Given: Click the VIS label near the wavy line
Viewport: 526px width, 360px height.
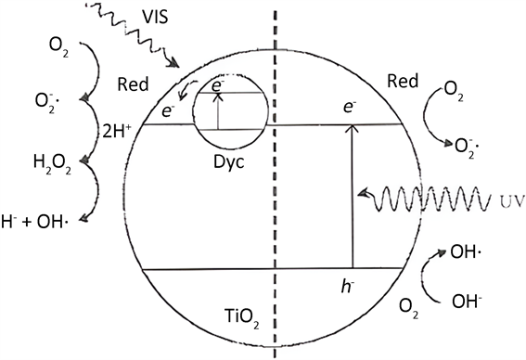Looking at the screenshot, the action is (x=155, y=17).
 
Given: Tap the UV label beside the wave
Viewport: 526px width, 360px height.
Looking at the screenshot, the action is (x=511, y=201).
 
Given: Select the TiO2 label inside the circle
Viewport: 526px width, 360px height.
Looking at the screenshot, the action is (x=241, y=317).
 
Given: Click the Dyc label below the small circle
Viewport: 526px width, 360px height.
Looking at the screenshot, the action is (x=229, y=162).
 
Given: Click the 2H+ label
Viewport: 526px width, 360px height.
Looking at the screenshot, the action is (x=116, y=132).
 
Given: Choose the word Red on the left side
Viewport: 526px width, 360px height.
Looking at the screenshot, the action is (x=133, y=84).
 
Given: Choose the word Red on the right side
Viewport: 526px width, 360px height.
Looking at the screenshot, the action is (x=403, y=81).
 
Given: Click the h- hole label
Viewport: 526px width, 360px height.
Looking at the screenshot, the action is (x=348, y=287).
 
